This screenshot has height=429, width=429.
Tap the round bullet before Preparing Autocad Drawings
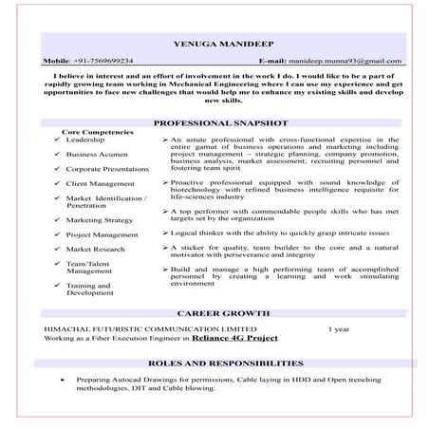tap(61, 379)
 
